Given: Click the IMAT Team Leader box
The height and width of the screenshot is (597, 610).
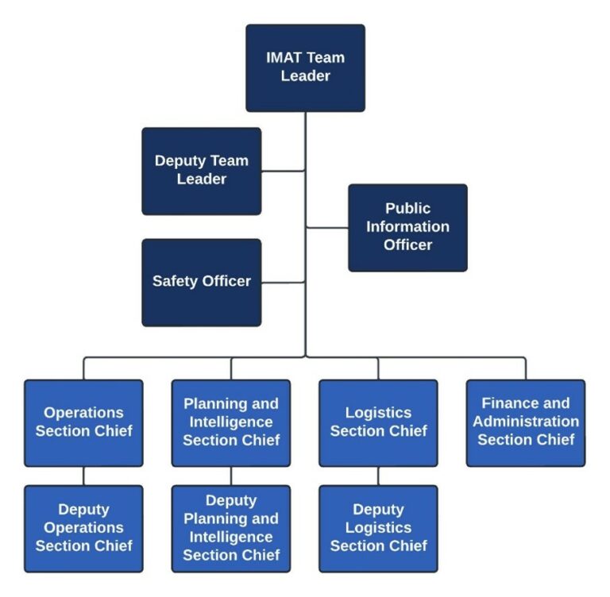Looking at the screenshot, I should tap(305, 67).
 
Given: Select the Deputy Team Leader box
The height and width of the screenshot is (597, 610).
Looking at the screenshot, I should tap(202, 171).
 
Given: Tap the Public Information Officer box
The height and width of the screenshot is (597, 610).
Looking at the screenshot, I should tap(407, 227).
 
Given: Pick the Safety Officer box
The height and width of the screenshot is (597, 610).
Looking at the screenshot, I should tap(202, 282).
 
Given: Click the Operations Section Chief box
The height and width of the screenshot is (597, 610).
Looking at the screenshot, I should tap(83, 422).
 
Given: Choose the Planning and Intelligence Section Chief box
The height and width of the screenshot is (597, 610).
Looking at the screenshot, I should tap(231, 422).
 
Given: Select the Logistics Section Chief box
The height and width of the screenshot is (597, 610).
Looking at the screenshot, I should tap(378, 422).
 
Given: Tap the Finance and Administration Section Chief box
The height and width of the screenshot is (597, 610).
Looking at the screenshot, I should tap(526, 422).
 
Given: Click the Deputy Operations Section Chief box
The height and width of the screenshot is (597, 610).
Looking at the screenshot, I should tap(83, 528).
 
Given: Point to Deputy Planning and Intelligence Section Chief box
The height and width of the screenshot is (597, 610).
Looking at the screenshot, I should tap(231, 528).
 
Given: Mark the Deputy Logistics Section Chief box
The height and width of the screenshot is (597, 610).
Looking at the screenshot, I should tap(378, 528).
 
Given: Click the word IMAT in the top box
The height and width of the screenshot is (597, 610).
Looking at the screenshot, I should tap(284, 58).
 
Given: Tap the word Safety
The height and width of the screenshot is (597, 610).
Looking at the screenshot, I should tap(174, 281).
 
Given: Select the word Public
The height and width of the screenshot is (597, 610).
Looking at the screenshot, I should tap(408, 209).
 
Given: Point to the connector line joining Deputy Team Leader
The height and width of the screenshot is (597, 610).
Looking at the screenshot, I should tap(283, 171).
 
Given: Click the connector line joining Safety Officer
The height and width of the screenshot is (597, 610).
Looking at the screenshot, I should tap(283, 282).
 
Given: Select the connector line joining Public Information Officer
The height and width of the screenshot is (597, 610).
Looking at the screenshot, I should tap(326, 228).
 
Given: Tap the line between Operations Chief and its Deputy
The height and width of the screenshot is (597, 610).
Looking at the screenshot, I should tap(83, 476).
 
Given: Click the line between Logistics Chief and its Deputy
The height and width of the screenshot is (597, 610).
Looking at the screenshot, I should tap(378, 476).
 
